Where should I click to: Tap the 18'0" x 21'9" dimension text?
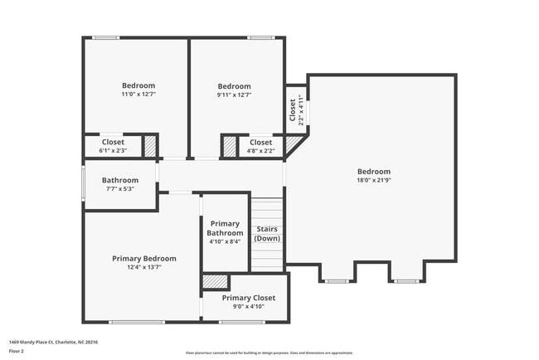[373, 181]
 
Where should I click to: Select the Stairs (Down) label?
[267, 233]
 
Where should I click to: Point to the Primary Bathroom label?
[225, 228]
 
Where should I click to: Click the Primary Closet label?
[248, 298]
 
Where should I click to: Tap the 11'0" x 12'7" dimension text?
[138, 95]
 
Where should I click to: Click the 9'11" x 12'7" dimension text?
[234, 95]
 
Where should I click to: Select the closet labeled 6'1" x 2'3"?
[113, 146]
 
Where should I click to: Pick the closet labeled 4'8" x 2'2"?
[260, 146]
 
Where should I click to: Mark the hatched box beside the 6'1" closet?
[150, 146]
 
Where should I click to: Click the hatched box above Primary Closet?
[216, 282]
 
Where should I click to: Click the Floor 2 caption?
[17, 351]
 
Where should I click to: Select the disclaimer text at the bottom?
[269, 353]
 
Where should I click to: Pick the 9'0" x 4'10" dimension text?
[248, 307]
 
